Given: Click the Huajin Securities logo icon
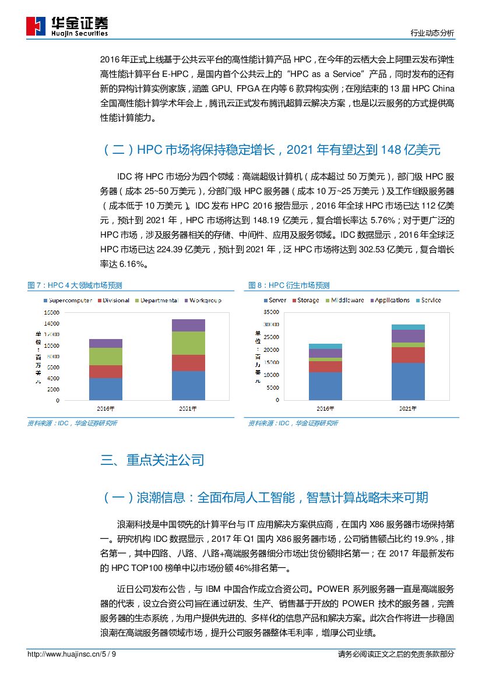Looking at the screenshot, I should (x=36, y=26).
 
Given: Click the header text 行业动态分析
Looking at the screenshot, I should (x=432, y=33).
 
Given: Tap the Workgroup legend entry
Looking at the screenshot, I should (x=204, y=301).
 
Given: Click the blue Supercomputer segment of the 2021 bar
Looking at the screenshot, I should (x=188, y=386).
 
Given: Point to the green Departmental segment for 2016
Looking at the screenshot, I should (x=105, y=356).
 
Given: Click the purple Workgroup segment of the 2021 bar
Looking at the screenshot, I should (x=188, y=325).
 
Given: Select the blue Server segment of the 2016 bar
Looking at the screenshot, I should (x=325, y=386).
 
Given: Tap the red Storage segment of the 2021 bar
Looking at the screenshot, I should (x=408, y=355).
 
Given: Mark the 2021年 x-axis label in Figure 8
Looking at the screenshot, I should (x=408, y=408).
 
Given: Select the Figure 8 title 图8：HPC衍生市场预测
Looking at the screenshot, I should (x=289, y=285).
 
